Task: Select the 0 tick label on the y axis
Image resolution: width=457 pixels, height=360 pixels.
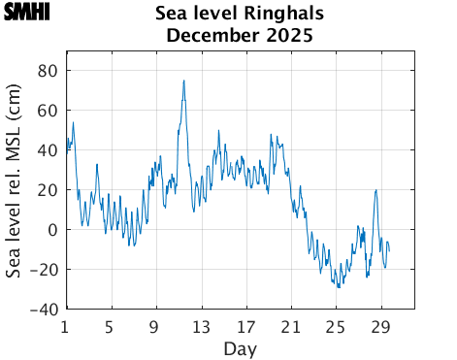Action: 53,230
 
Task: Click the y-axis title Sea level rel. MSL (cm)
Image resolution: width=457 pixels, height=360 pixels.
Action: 15,190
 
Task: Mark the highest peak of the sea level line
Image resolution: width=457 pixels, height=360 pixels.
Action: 183,81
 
